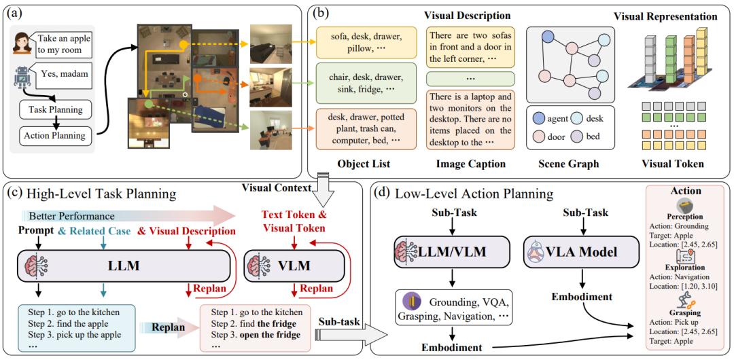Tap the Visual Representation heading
coord(665,16)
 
